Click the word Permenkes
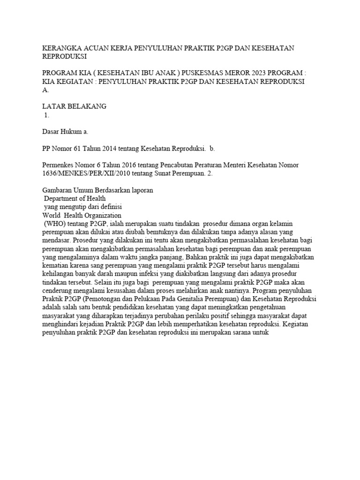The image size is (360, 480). (59, 165)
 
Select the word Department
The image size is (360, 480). (63, 198)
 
